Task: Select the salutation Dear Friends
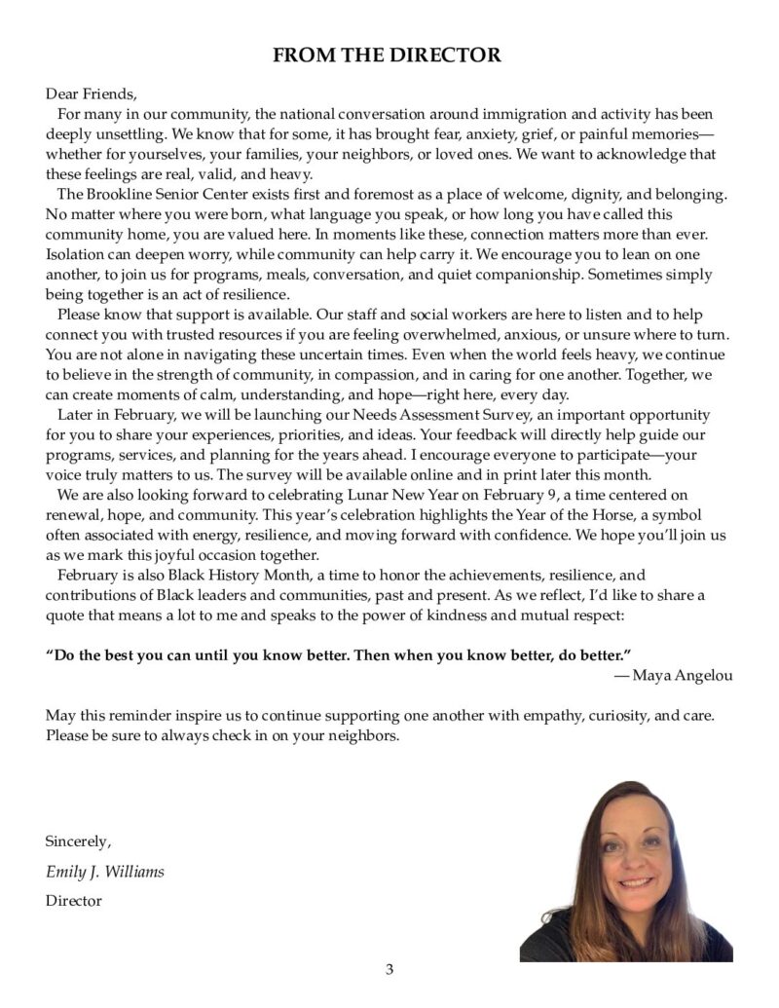pos(92,94)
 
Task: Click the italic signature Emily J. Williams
pos(105,872)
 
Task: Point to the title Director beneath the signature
pos(73,901)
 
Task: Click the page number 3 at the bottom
pos(389,969)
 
